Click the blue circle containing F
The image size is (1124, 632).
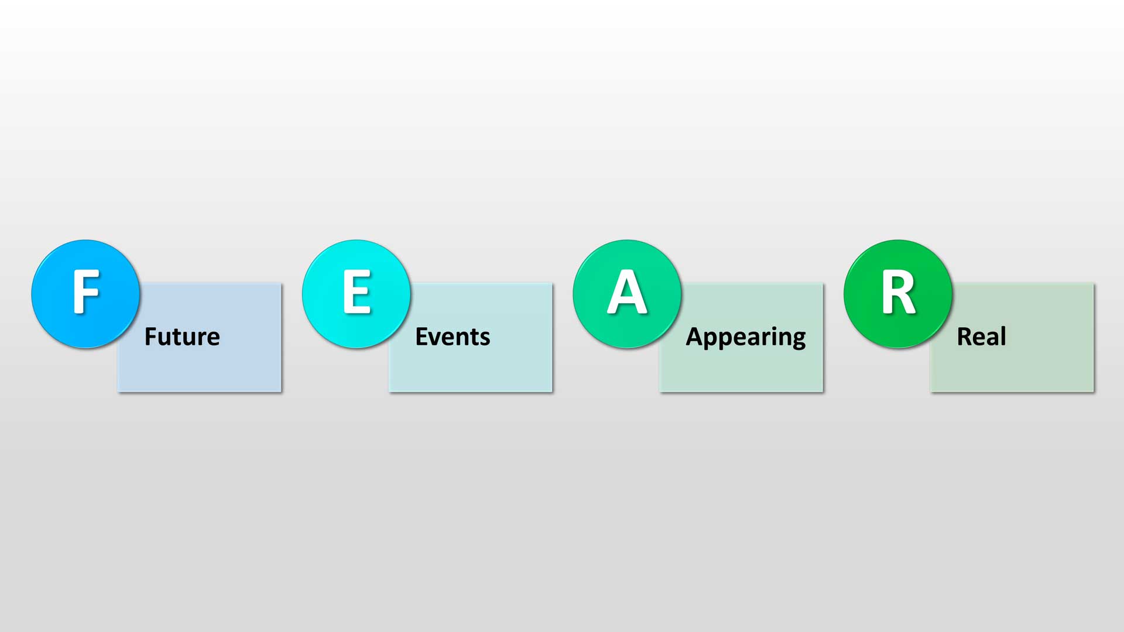85,294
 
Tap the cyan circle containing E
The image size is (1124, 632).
357,294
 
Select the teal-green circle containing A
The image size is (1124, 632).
627,294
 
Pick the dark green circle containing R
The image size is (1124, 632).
898,294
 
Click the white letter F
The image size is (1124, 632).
85,291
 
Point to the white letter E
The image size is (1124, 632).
357,291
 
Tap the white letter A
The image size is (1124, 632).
627,291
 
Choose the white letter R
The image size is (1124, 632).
899,291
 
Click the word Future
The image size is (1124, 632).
182,336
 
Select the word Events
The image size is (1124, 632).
453,336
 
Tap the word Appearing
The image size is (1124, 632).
746,338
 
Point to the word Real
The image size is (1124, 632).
981,336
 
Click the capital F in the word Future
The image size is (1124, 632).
150,336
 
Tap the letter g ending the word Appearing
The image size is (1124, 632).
799,340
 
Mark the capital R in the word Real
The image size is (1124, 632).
964,336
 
